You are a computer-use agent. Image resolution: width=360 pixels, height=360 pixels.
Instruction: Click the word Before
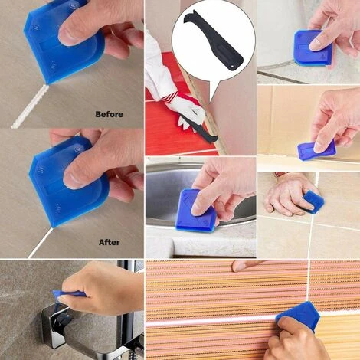point(108,114)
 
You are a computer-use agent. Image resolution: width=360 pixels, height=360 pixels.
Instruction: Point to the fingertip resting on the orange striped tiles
point(239,266)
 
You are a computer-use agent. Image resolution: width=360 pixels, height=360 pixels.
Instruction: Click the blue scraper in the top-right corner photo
point(310,47)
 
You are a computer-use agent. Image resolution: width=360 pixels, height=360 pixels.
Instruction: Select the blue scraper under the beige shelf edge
point(316,149)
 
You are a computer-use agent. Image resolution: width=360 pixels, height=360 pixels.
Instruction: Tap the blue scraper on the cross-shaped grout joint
point(313,201)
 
